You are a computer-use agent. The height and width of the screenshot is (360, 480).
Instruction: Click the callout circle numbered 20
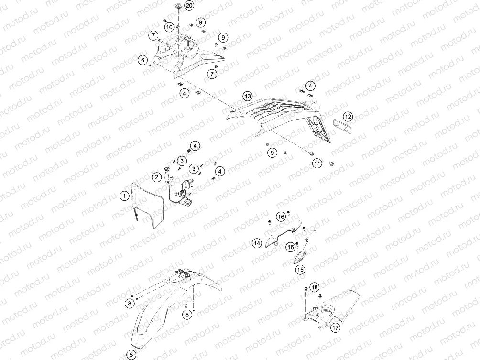[x=189, y=6]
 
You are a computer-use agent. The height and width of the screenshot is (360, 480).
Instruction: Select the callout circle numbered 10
[x=169, y=27]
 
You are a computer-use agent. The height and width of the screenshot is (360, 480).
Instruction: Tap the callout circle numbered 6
[x=142, y=60]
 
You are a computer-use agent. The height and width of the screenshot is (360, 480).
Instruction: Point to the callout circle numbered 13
[x=248, y=97]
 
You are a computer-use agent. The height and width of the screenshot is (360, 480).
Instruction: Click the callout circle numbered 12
[x=348, y=117]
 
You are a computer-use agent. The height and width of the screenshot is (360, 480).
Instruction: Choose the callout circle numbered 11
[x=317, y=164]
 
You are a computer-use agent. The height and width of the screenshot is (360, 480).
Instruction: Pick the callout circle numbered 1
[x=124, y=196]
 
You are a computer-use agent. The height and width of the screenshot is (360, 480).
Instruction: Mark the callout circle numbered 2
[x=157, y=177]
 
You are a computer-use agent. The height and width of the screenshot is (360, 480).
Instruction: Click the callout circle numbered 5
[x=131, y=355]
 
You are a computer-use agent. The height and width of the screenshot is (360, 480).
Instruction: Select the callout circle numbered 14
[x=257, y=243]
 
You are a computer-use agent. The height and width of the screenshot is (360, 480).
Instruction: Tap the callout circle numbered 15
[x=300, y=269]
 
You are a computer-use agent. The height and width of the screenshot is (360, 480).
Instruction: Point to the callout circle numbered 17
[x=336, y=328]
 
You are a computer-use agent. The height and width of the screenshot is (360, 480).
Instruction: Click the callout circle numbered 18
[x=315, y=287]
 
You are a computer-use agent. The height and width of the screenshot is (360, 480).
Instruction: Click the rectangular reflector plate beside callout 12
[x=342, y=126]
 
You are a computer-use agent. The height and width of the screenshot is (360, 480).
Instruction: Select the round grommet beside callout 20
[x=178, y=6]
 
